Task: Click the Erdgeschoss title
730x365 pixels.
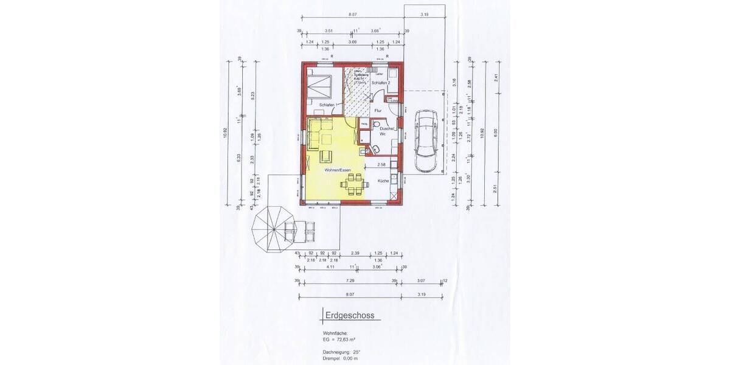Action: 350,315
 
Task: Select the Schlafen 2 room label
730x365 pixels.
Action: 381,82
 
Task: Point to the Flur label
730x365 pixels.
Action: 378,111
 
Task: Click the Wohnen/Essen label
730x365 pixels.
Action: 336,170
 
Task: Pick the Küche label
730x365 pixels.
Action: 383,181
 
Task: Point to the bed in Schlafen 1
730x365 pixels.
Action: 320,87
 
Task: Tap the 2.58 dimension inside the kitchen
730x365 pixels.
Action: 381,164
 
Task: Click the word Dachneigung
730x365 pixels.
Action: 335,352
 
